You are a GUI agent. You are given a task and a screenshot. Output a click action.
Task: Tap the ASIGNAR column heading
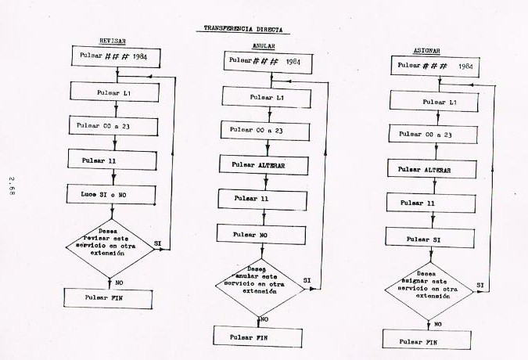(426, 52)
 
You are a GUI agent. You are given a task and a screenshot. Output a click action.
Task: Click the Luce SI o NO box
(113, 193)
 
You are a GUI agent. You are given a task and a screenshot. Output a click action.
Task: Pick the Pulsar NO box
(261, 233)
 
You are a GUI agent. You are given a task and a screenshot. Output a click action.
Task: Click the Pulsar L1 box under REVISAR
(114, 92)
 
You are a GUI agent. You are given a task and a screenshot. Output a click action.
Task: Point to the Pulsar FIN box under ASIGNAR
(426, 341)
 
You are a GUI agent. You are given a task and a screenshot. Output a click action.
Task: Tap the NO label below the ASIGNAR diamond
(437, 322)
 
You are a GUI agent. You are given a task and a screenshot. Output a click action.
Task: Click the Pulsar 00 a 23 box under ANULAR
(262, 130)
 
